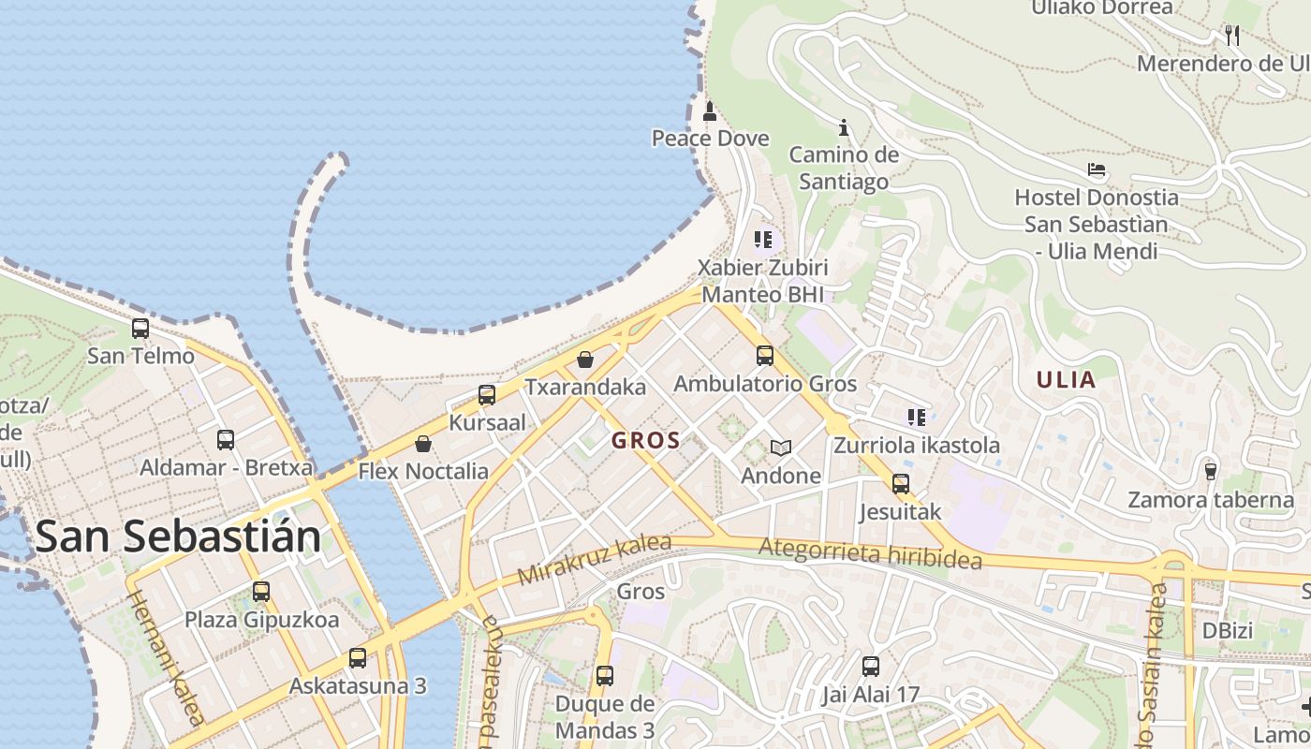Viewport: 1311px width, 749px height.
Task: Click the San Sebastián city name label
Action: point(178,536)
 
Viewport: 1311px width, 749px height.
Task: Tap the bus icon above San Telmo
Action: point(140,329)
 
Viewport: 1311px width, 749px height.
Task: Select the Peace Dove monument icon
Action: point(710,112)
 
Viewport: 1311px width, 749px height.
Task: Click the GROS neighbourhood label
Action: point(645,440)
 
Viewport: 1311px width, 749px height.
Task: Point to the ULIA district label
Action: point(1066,379)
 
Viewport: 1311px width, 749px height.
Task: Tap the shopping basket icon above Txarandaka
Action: point(585,360)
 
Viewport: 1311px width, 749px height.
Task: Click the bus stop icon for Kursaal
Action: point(487,395)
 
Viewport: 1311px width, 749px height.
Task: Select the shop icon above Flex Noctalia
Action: point(423,444)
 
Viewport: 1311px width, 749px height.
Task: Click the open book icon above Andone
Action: point(781,448)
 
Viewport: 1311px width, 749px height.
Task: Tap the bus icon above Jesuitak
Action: point(901,484)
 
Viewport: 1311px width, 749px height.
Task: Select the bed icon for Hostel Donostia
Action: point(1097,170)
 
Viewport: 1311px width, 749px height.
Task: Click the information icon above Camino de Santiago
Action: point(844,127)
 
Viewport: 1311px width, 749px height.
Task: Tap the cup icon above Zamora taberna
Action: point(1211,471)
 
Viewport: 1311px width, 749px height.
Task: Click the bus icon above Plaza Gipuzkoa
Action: point(261,592)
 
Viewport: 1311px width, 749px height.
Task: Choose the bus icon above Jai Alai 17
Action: point(871,667)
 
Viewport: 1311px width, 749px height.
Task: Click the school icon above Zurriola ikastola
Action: point(916,418)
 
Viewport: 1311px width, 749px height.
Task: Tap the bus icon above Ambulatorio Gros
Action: point(765,356)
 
